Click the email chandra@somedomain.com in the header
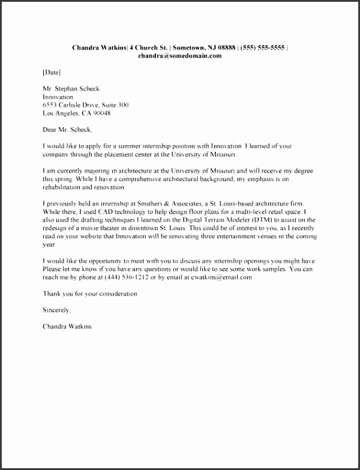tap(179, 56)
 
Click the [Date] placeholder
tap(52, 72)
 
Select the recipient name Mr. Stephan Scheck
tap(71, 89)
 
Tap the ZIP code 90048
tap(102, 113)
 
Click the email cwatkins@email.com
tap(225, 278)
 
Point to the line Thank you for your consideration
tap(90, 294)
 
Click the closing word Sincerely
tap(57, 310)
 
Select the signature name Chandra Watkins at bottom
tap(68, 327)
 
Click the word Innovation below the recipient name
tap(58, 97)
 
